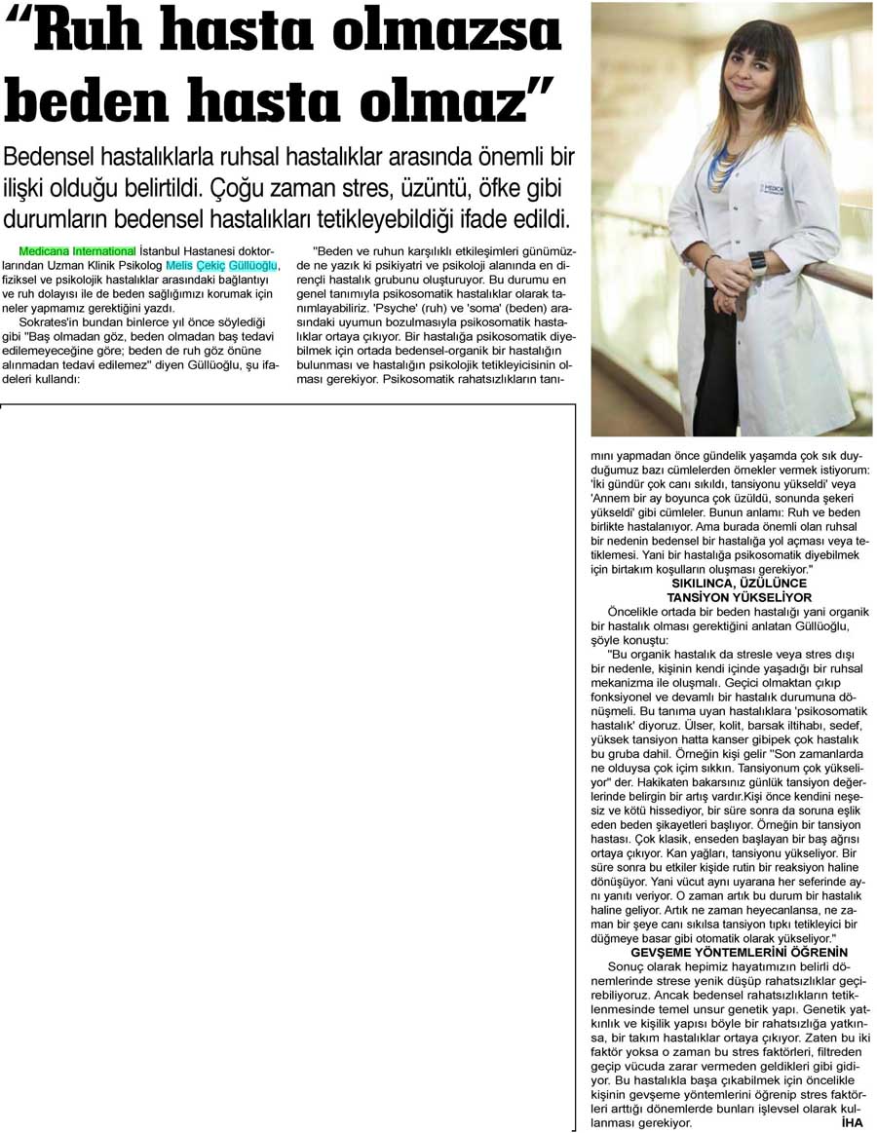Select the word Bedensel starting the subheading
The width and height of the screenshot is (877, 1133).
57,158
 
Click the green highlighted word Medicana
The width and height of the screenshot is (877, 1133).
44,251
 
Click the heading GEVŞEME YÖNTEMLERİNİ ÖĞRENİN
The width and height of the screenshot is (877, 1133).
739,952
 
